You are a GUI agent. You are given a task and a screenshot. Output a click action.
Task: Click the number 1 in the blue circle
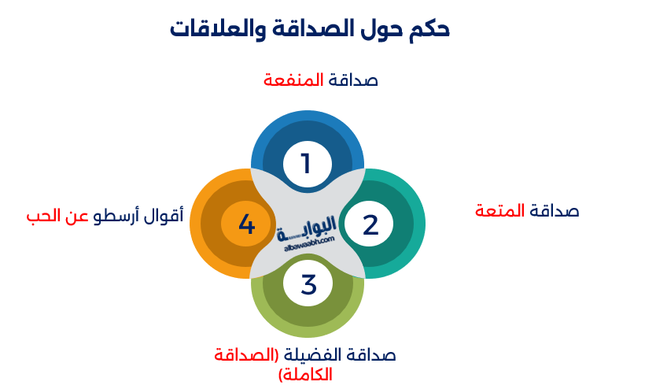click(306, 164)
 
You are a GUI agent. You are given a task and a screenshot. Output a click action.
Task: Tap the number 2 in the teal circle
click(370, 224)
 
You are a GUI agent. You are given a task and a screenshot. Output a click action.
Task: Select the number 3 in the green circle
click(308, 283)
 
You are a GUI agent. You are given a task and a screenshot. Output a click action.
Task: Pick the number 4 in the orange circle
click(246, 224)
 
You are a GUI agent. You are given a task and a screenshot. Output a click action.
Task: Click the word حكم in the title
click(429, 30)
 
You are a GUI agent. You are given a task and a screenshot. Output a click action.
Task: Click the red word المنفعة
click(293, 80)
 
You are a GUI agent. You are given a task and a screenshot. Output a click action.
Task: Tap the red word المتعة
click(500, 210)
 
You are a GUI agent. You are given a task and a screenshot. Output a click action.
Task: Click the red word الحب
click(43, 216)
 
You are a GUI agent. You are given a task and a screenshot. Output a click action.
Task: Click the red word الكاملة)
click(305, 375)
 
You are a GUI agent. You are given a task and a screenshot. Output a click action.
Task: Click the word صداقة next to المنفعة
click(353, 80)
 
